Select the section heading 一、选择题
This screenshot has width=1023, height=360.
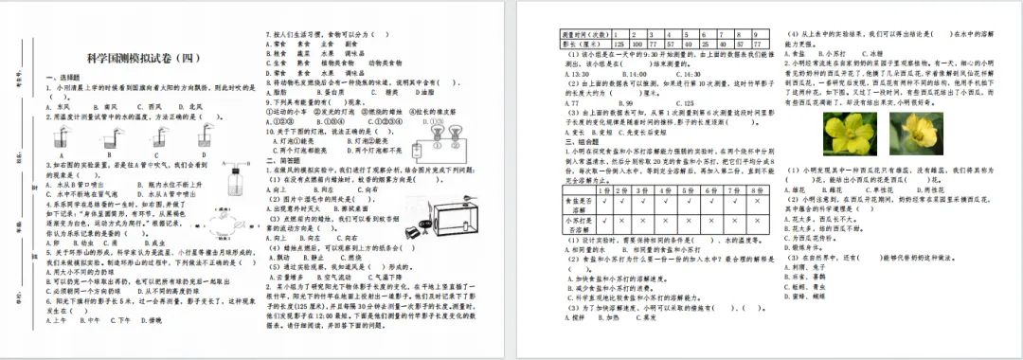(x=63, y=76)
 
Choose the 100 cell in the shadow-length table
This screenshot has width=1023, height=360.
(x=639, y=43)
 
